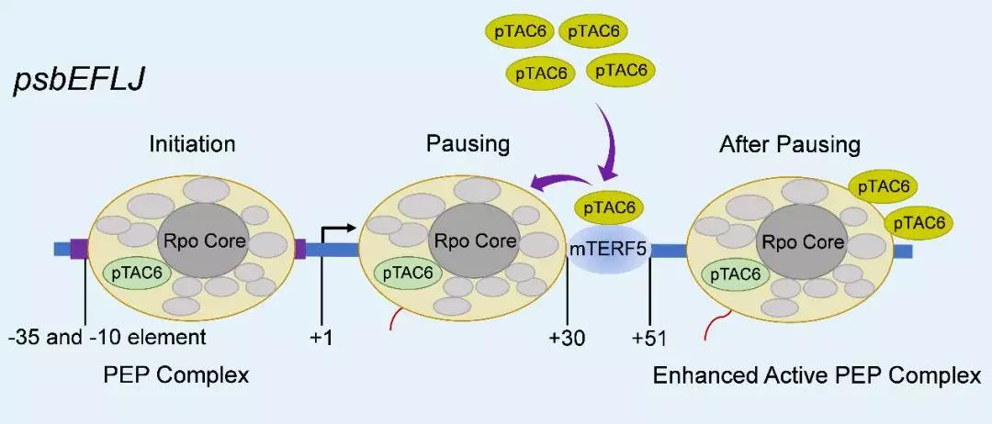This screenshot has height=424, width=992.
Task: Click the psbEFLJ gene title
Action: point(76,82)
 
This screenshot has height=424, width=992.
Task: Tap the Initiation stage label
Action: point(192,144)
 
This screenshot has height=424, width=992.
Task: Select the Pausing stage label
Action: point(468,144)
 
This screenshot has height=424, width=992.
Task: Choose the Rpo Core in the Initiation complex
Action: point(201,241)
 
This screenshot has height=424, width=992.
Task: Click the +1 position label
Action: point(321,338)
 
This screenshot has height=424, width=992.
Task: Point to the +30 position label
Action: point(568,338)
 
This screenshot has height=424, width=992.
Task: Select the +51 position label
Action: point(650,338)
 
